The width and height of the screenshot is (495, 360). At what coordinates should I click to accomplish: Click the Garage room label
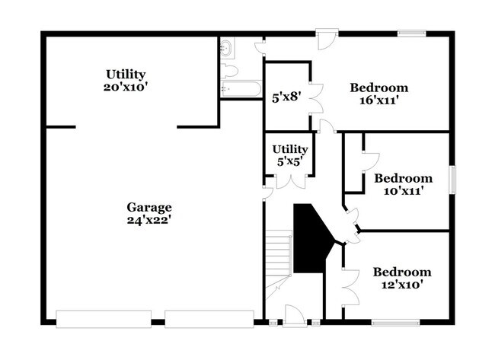click(149, 207)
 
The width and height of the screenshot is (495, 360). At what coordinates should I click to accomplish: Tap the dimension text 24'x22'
click(149, 220)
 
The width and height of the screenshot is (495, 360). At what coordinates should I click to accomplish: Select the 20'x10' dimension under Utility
click(126, 87)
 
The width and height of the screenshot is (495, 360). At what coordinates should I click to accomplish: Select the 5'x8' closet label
click(286, 97)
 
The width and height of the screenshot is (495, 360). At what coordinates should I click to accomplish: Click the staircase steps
click(279, 255)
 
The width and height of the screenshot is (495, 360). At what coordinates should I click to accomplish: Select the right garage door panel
click(209, 317)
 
